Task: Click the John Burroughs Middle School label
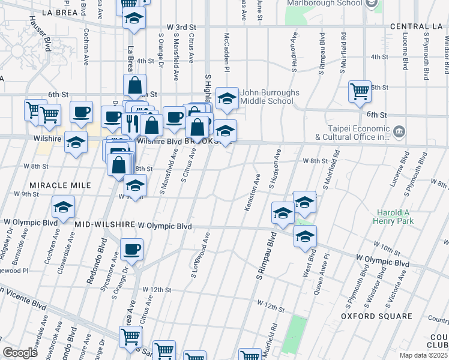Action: coord(267,97)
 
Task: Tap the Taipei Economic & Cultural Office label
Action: coord(342,133)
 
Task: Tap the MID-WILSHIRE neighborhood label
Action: coord(105,226)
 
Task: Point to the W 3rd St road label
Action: coord(182,27)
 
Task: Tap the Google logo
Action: coord(19,352)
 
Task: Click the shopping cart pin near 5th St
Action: coord(360,91)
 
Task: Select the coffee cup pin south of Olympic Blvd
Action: coord(131,249)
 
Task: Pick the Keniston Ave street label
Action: coord(252,192)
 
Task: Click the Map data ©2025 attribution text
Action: coord(424,355)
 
